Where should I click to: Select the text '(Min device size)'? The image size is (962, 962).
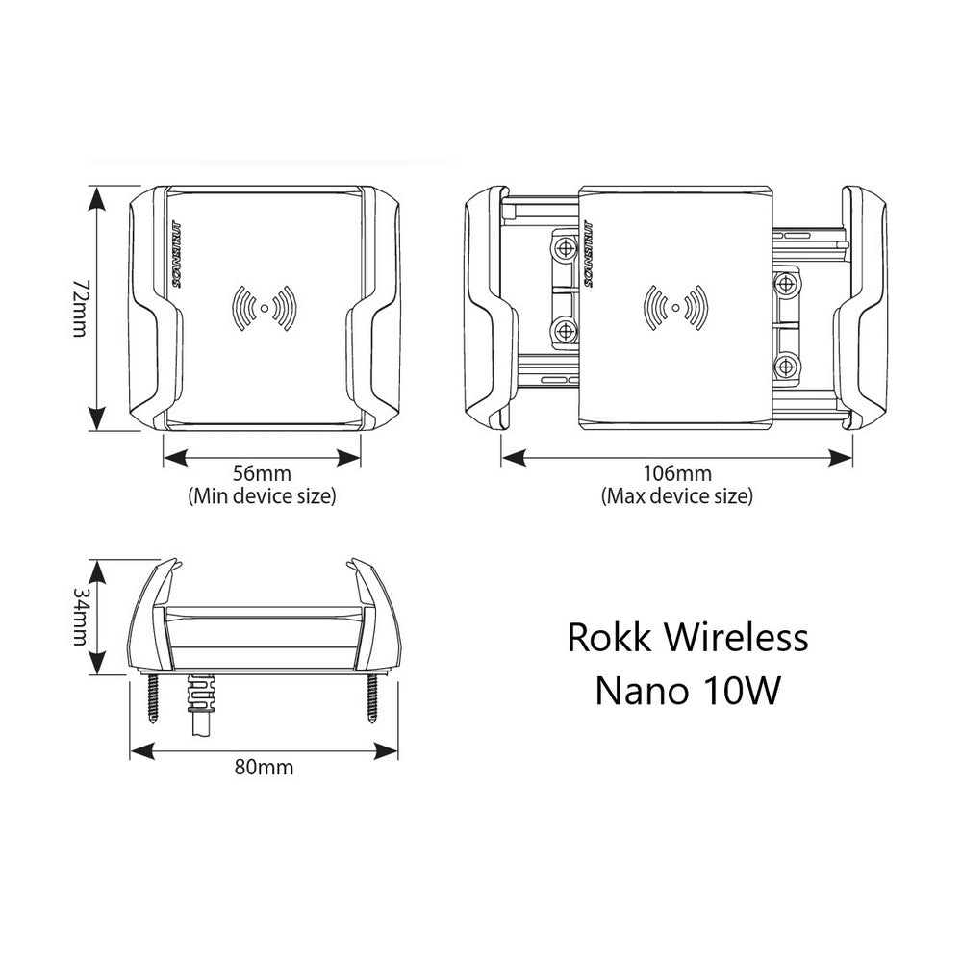coord(263,496)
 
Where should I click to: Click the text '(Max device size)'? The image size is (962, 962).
coord(676,496)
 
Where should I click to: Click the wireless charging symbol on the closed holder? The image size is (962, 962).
coord(263,308)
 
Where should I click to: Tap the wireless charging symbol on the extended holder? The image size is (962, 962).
coord(676,308)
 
